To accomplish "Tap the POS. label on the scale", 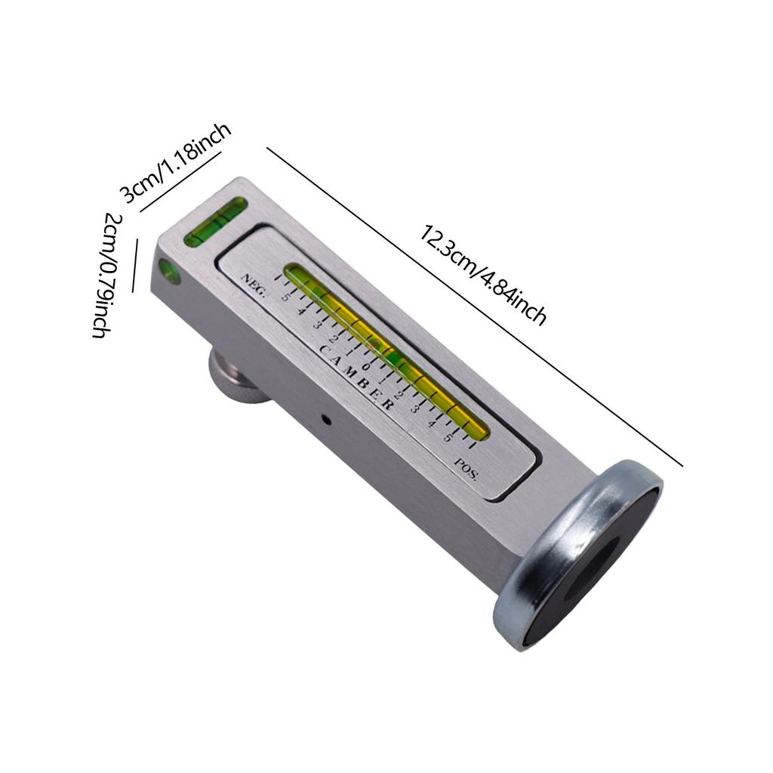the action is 466,469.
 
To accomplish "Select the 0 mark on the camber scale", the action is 365,367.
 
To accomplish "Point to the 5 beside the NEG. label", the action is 285,297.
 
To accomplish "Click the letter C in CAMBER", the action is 325,350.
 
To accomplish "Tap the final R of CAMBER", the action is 388,405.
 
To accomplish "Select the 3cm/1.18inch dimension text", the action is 175,162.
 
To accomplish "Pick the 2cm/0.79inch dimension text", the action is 106,276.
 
